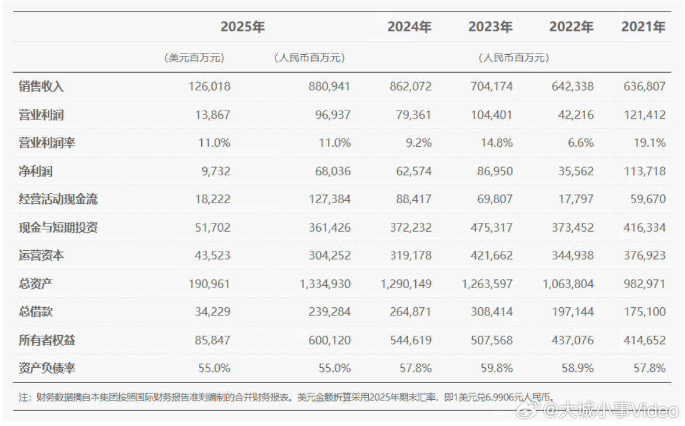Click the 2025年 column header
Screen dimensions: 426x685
(x=242, y=27)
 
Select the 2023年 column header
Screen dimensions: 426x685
(x=490, y=27)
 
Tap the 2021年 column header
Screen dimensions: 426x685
(x=643, y=27)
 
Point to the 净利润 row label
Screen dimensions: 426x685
(x=36, y=171)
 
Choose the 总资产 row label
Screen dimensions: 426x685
(x=36, y=283)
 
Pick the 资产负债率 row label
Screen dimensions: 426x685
(x=47, y=368)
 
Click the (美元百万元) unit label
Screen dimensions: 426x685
(x=194, y=58)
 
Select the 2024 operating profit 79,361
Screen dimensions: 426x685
(x=411, y=115)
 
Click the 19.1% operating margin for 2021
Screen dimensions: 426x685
(x=650, y=143)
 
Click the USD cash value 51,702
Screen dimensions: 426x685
(x=210, y=227)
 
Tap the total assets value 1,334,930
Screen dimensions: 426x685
(x=323, y=283)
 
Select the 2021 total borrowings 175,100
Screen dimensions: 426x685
(x=645, y=311)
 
